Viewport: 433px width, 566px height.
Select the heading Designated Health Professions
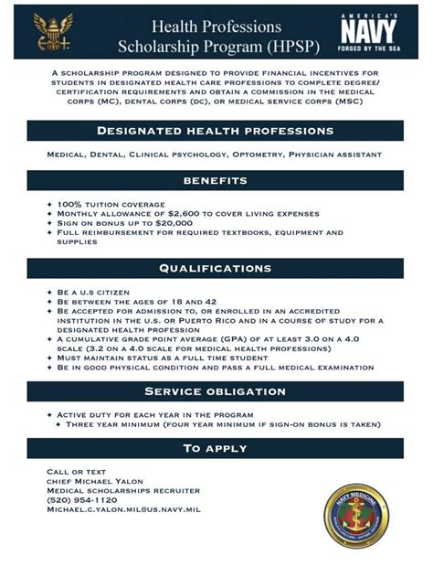pos(216,131)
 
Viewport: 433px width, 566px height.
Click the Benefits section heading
pos(216,181)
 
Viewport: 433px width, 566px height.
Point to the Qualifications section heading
pos(216,268)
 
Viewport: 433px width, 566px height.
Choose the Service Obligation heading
pos(216,392)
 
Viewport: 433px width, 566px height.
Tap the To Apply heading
pos(216,448)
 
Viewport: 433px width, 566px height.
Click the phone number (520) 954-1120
pos(81,500)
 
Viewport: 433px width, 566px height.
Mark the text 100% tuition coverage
pos(111,203)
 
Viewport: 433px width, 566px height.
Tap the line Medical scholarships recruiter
pos(104,490)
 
